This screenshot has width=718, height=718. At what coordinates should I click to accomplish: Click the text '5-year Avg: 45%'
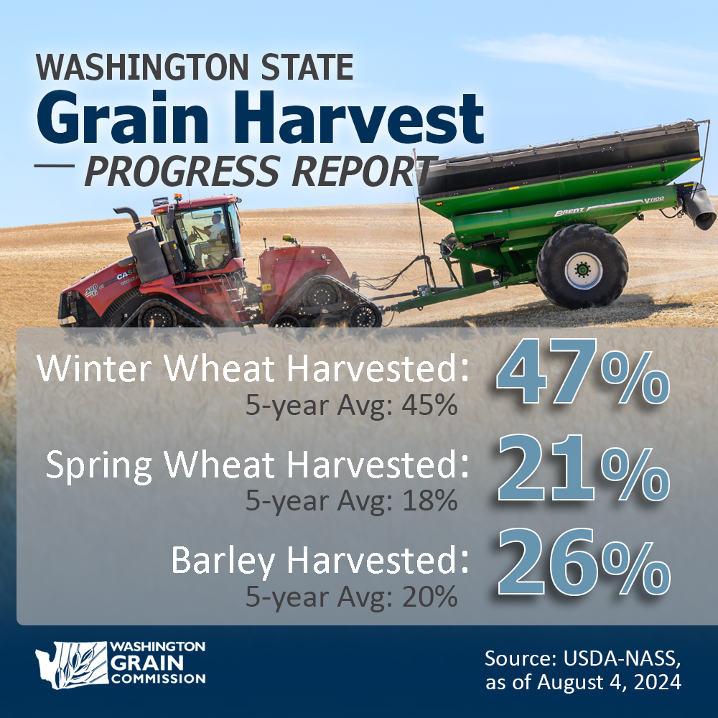click(351, 406)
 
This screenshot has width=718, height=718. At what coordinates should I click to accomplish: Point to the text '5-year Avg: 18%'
click(351, 500)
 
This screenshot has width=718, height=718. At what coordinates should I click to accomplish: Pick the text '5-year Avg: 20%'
click(351, 596)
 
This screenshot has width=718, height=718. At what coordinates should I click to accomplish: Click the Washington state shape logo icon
click(70, 664)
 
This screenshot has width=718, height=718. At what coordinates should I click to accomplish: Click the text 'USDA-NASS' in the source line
click(625, 658)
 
